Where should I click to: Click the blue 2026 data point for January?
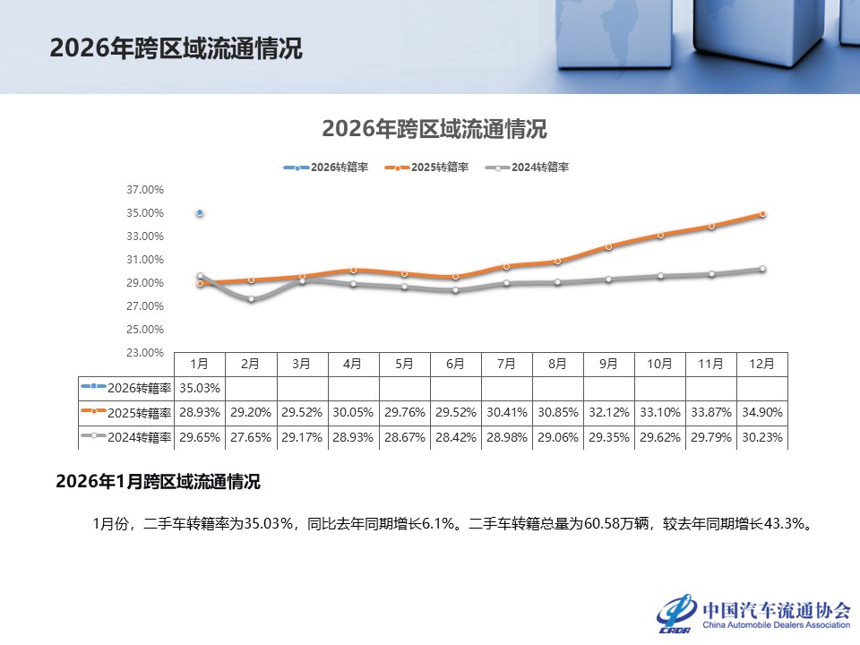coord(200,213)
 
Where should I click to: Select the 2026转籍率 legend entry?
coord(326,168)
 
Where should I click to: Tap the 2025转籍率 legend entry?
coord(426,168)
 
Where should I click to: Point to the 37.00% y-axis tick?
coord(146,190)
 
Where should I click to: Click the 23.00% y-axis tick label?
coord(146,353)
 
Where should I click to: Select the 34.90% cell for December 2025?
coord(762,413)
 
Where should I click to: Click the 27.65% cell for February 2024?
coord(251,437)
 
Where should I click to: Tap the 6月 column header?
coord(455,365)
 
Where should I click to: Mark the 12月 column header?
coord(762,365)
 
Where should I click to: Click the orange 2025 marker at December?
coord(762,214)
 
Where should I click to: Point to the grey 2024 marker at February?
coord(251,299)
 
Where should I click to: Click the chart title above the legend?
coord(434,129)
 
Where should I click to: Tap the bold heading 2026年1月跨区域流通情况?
coord(158,482)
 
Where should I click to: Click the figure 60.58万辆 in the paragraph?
coord(621,523)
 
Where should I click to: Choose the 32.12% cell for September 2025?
coord(608,413)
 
